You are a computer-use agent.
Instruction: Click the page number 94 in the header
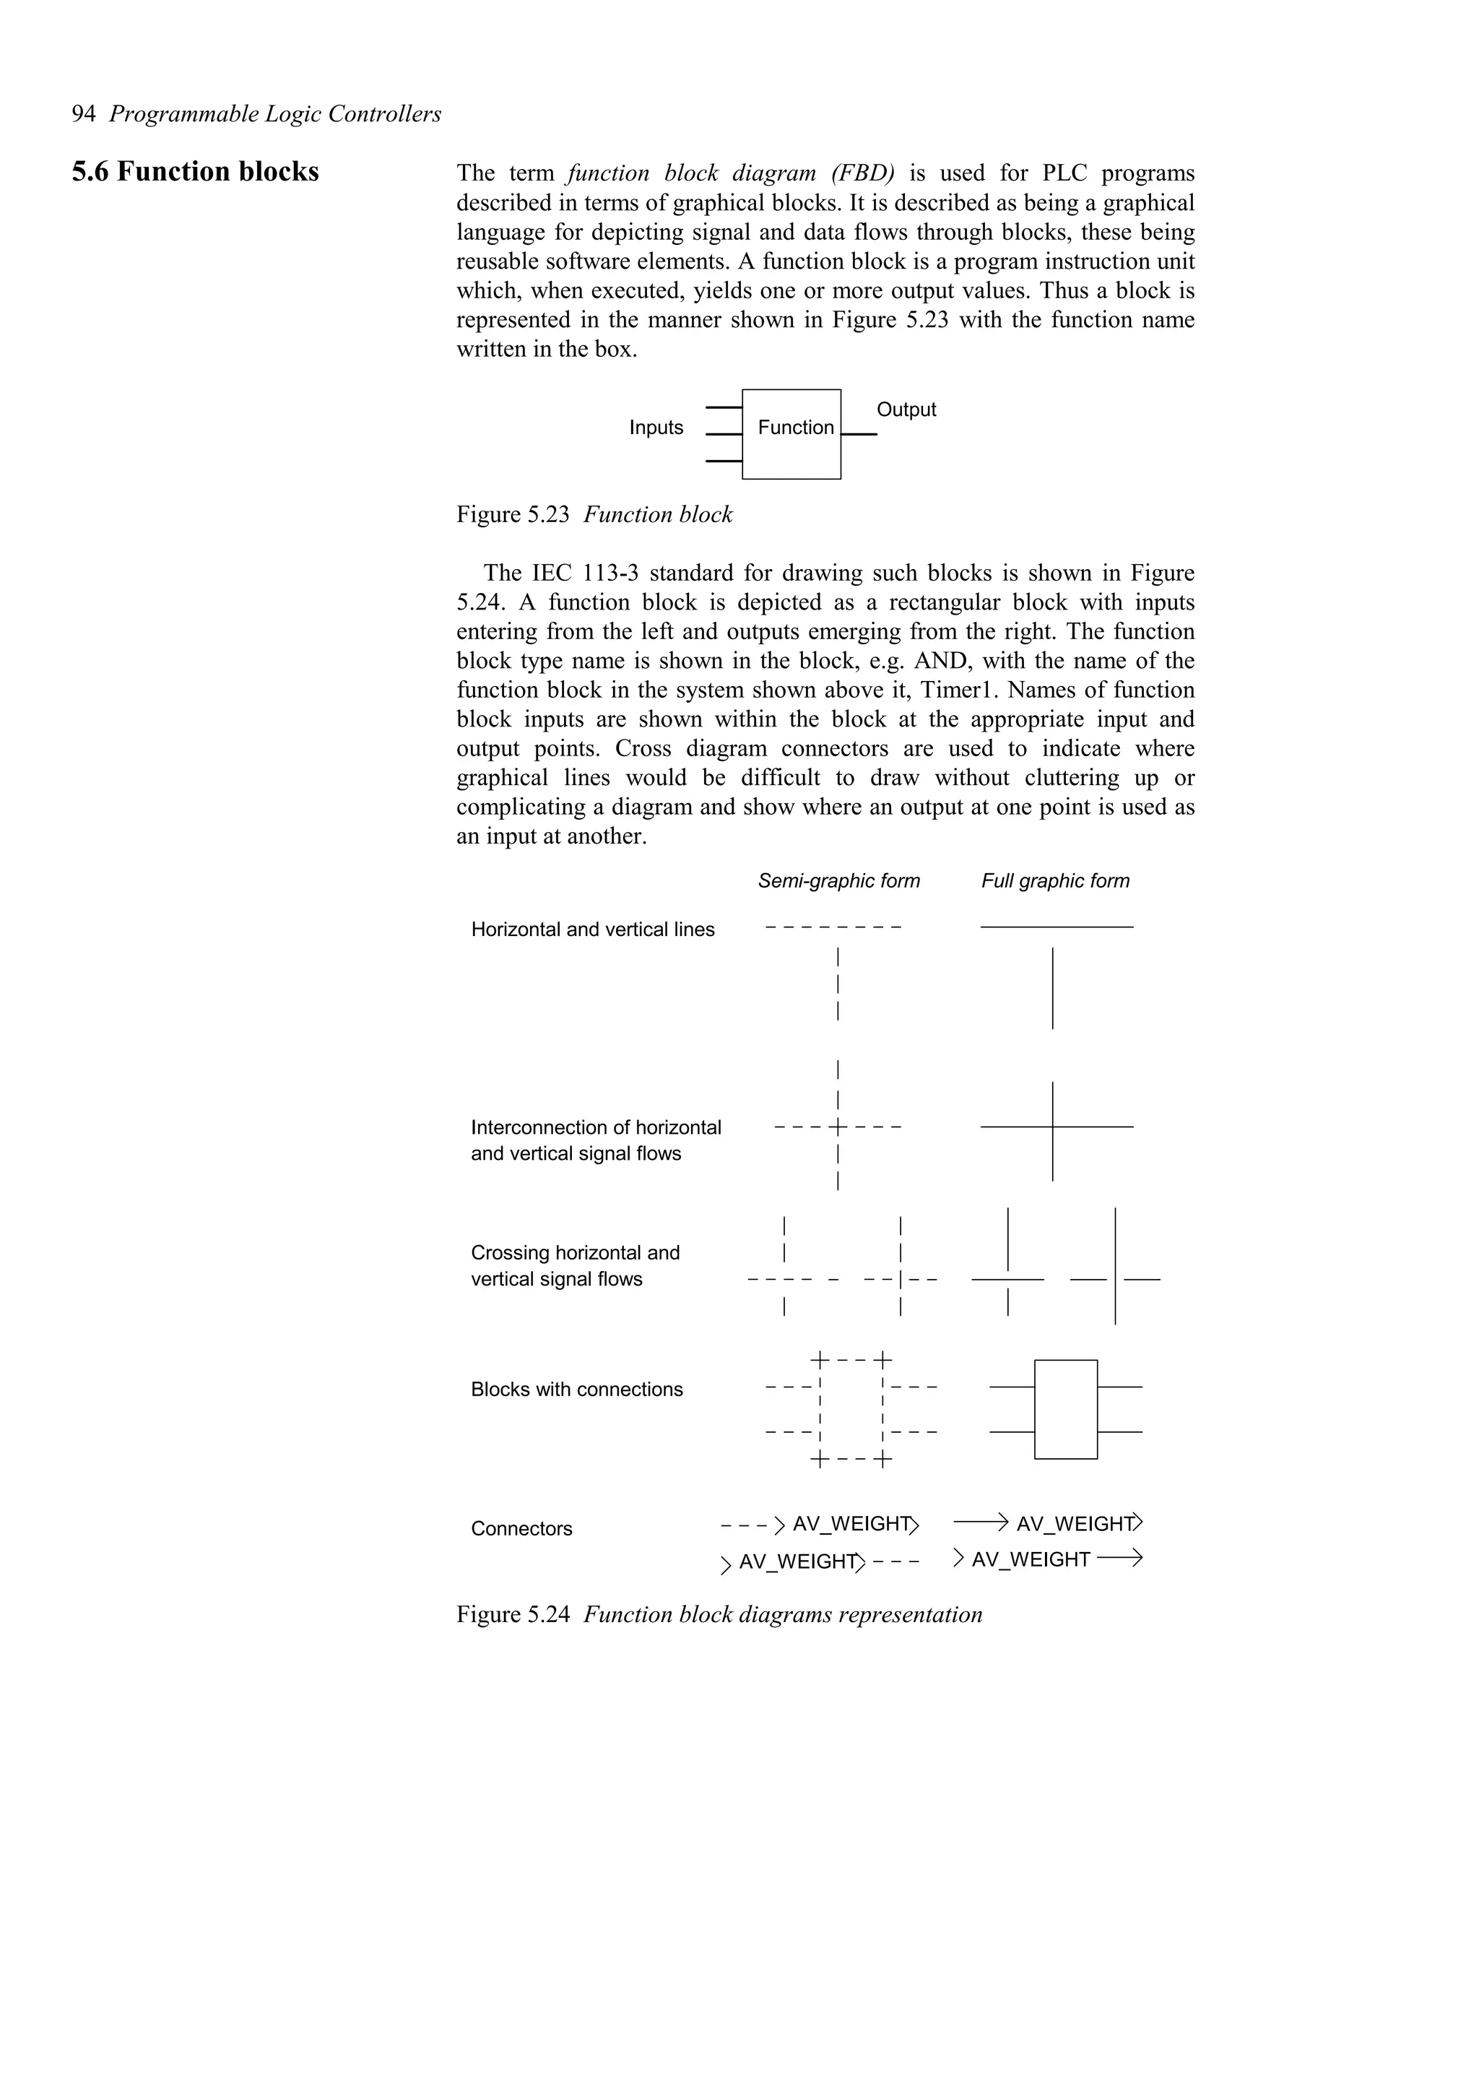click(83, 114)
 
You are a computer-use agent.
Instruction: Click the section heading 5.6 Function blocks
click(195, 171)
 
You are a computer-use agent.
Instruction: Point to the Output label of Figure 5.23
click(905, 409)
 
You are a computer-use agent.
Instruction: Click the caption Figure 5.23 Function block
click(594, 515)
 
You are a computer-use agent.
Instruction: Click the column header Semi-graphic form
click(838, 880)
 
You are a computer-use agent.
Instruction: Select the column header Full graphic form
click(1054, 880)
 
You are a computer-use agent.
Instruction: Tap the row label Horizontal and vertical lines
click(592, 929)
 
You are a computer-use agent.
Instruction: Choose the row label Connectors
click(521, 1529)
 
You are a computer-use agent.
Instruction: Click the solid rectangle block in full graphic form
click(1065, 1409)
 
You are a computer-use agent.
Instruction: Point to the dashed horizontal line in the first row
click(833, 928)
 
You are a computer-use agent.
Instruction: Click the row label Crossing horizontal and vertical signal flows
click(574, 1265)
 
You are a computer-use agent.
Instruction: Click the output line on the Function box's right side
click(859, 434)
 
